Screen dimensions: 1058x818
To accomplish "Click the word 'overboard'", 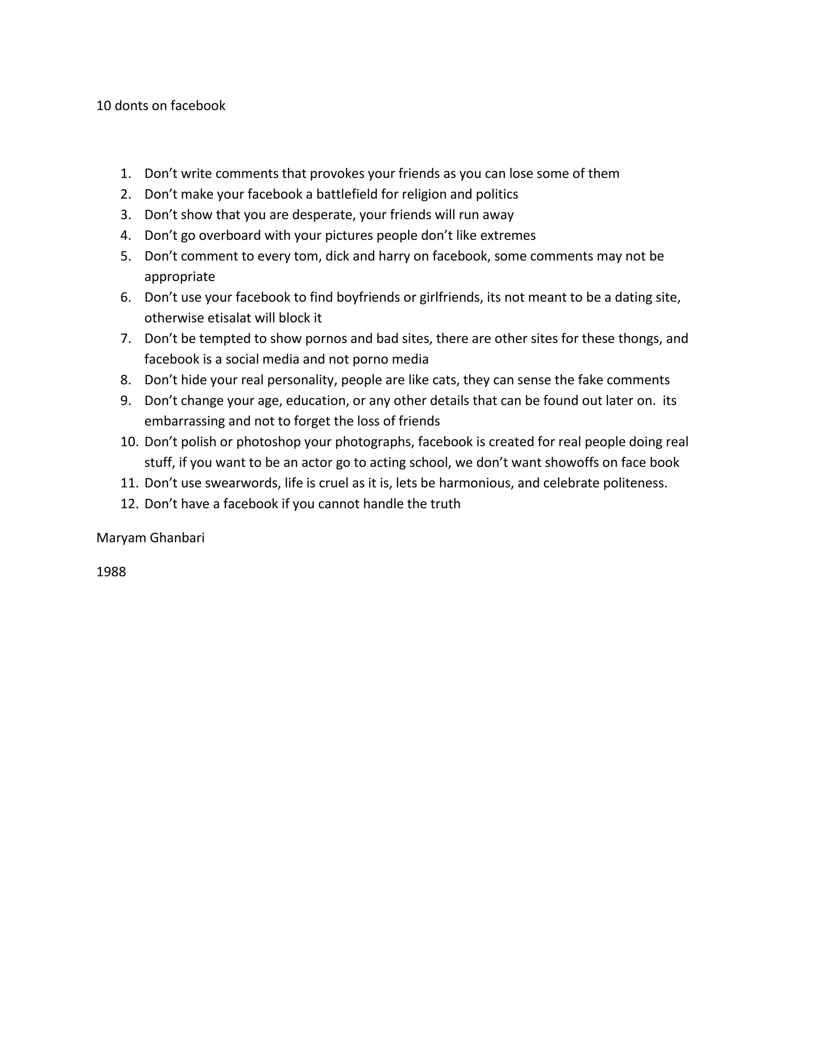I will click(x=229, y=236).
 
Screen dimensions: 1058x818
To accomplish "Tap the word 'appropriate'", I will click(x=179, y=277).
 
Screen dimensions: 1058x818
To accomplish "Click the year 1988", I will click(x=111, y=572).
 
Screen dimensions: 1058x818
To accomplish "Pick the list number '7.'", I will click(x=126, y=338).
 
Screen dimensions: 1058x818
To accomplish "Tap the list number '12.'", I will click(x=129, y=504).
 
